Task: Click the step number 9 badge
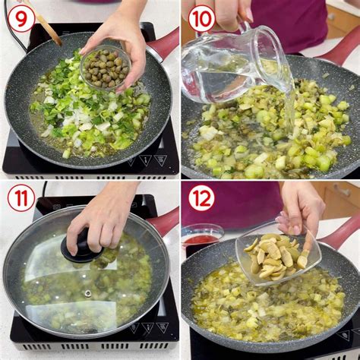point(21,20)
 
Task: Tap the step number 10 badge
point(202,18)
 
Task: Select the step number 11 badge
point(21,198)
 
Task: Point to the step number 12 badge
point(201,198)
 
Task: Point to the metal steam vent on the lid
point(88,293)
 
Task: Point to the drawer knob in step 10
point(330,17)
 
